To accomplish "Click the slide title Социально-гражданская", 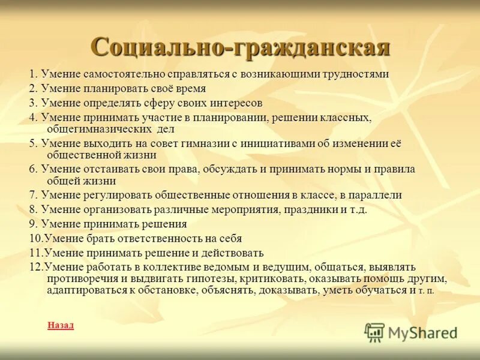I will pos(240,47).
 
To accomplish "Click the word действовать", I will pos(230,253).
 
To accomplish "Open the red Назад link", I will pos(60,325).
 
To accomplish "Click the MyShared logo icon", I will pos(374,332).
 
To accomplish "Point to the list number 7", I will pos(33,195).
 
